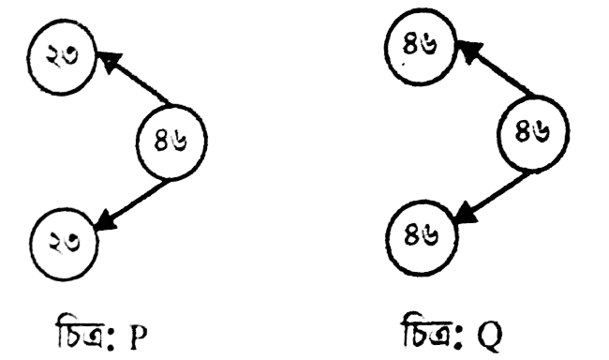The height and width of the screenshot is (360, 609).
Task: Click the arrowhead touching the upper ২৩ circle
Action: pyautogui.click(x=109, y=61)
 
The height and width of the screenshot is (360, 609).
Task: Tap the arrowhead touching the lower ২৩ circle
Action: pyautogui.click(x=105, y=221)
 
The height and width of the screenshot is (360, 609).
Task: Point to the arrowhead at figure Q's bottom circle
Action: pyautogui.click(x=465, y=215)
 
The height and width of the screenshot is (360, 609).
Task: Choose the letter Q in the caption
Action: pyautogui.click(x=490, y=337)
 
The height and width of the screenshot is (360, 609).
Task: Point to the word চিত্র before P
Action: pyautogui.click(x=81, y=332)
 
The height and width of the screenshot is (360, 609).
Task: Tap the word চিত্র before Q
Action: pyautogui.click(x=427, y=330)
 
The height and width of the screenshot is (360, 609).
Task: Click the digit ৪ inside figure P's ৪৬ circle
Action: pyautogui.click(x=161, y=141)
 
